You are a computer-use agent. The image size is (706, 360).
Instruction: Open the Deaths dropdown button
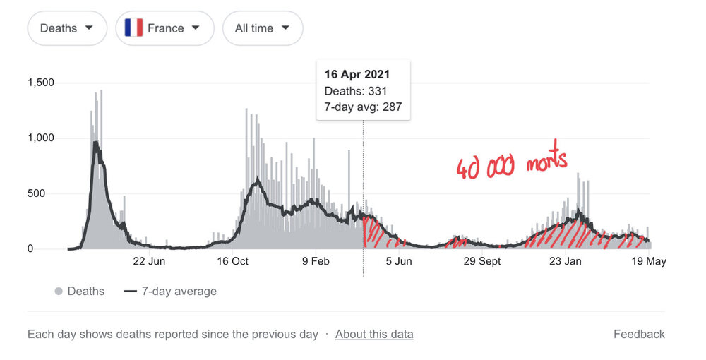click(x=67, y=28)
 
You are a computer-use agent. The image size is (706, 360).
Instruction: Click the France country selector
click(x=164, y=28)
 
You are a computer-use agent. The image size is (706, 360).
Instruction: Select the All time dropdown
click(x=263, y=28)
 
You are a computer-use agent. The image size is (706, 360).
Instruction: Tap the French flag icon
click(x=133, y=28)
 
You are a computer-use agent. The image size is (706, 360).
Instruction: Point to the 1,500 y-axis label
click(x=41, y=83)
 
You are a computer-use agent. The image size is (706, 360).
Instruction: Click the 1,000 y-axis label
click(x=41, y=138)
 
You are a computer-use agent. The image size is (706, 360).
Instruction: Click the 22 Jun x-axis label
click(x=149, y=261)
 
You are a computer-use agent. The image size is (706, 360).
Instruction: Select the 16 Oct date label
click(x=232, y=261)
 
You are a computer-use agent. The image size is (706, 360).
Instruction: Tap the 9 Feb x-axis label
click(x=316, y=261)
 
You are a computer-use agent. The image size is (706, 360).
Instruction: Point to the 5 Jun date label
click(x=398, y=261)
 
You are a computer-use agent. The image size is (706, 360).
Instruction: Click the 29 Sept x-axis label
click(x=481, y=261)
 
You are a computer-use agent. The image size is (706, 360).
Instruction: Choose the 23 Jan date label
click(x=565, y=261)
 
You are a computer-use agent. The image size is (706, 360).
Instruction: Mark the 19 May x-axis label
click(x=648, y=261)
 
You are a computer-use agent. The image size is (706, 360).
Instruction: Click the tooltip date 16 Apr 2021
click(x=357, y=74)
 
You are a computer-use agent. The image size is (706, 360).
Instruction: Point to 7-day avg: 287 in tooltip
click(x=363, y=107)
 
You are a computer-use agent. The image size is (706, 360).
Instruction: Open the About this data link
click(x=374, y=334)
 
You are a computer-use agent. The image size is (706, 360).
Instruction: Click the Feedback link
click(x=639, y=334)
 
